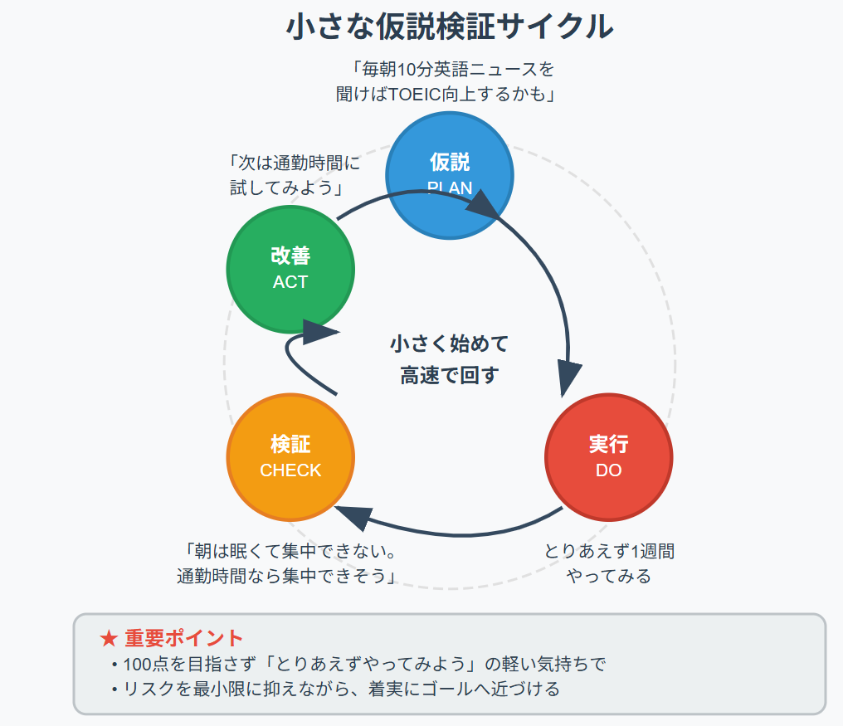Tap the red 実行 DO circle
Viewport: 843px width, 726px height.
(608, 456)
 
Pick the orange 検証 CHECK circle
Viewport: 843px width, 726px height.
(290, 456)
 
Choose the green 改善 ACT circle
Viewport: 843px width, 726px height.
(290, 269)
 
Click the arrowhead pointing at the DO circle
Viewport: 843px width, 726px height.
(569, 378)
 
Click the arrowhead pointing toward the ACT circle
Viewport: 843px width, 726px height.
(319, 333)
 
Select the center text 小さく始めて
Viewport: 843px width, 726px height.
(449, 344)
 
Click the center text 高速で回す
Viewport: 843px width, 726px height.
(449, 375)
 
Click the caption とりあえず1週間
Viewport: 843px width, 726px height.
(609, 551)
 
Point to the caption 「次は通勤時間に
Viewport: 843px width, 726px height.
(293, 163)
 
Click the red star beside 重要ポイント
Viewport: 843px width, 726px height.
(108, 638)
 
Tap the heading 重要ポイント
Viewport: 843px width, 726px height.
(184, 638)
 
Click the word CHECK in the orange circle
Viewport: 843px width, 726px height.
(290, 470)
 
